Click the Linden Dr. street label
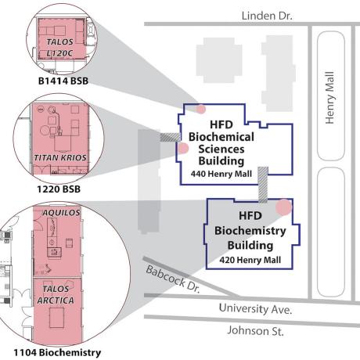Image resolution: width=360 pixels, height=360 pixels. (267, 16)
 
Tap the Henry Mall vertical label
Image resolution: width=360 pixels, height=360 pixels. (329, 98)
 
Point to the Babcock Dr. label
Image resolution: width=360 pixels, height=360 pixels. (173, 279)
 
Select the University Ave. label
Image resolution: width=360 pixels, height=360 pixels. (255, 308)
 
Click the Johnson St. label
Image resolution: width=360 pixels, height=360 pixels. (255, 331)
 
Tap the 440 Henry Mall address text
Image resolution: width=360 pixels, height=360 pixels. (221, 174)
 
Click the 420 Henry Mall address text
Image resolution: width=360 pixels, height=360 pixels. (250, 260)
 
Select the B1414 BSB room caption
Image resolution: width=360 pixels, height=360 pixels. (63, 81)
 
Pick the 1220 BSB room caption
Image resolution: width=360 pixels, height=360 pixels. (59, 189)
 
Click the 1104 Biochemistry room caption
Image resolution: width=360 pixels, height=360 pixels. (57, 353)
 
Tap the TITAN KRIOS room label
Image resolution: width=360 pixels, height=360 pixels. (60, 158)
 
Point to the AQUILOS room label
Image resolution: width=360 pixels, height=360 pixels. (61, 213)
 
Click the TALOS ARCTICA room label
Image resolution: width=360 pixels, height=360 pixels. (56, 295)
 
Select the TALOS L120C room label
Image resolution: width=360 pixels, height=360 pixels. (59, 48)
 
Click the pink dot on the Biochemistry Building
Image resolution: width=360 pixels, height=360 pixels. (284, 207)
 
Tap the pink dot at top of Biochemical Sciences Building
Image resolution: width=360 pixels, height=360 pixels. (200, 109)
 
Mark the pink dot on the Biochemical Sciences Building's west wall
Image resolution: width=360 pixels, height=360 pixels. (183, 148)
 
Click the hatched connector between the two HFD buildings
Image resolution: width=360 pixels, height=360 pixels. (263, 185)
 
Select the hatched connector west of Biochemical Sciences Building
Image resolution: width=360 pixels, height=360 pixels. (170, 137)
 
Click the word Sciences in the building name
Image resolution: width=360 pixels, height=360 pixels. (221, 149)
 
